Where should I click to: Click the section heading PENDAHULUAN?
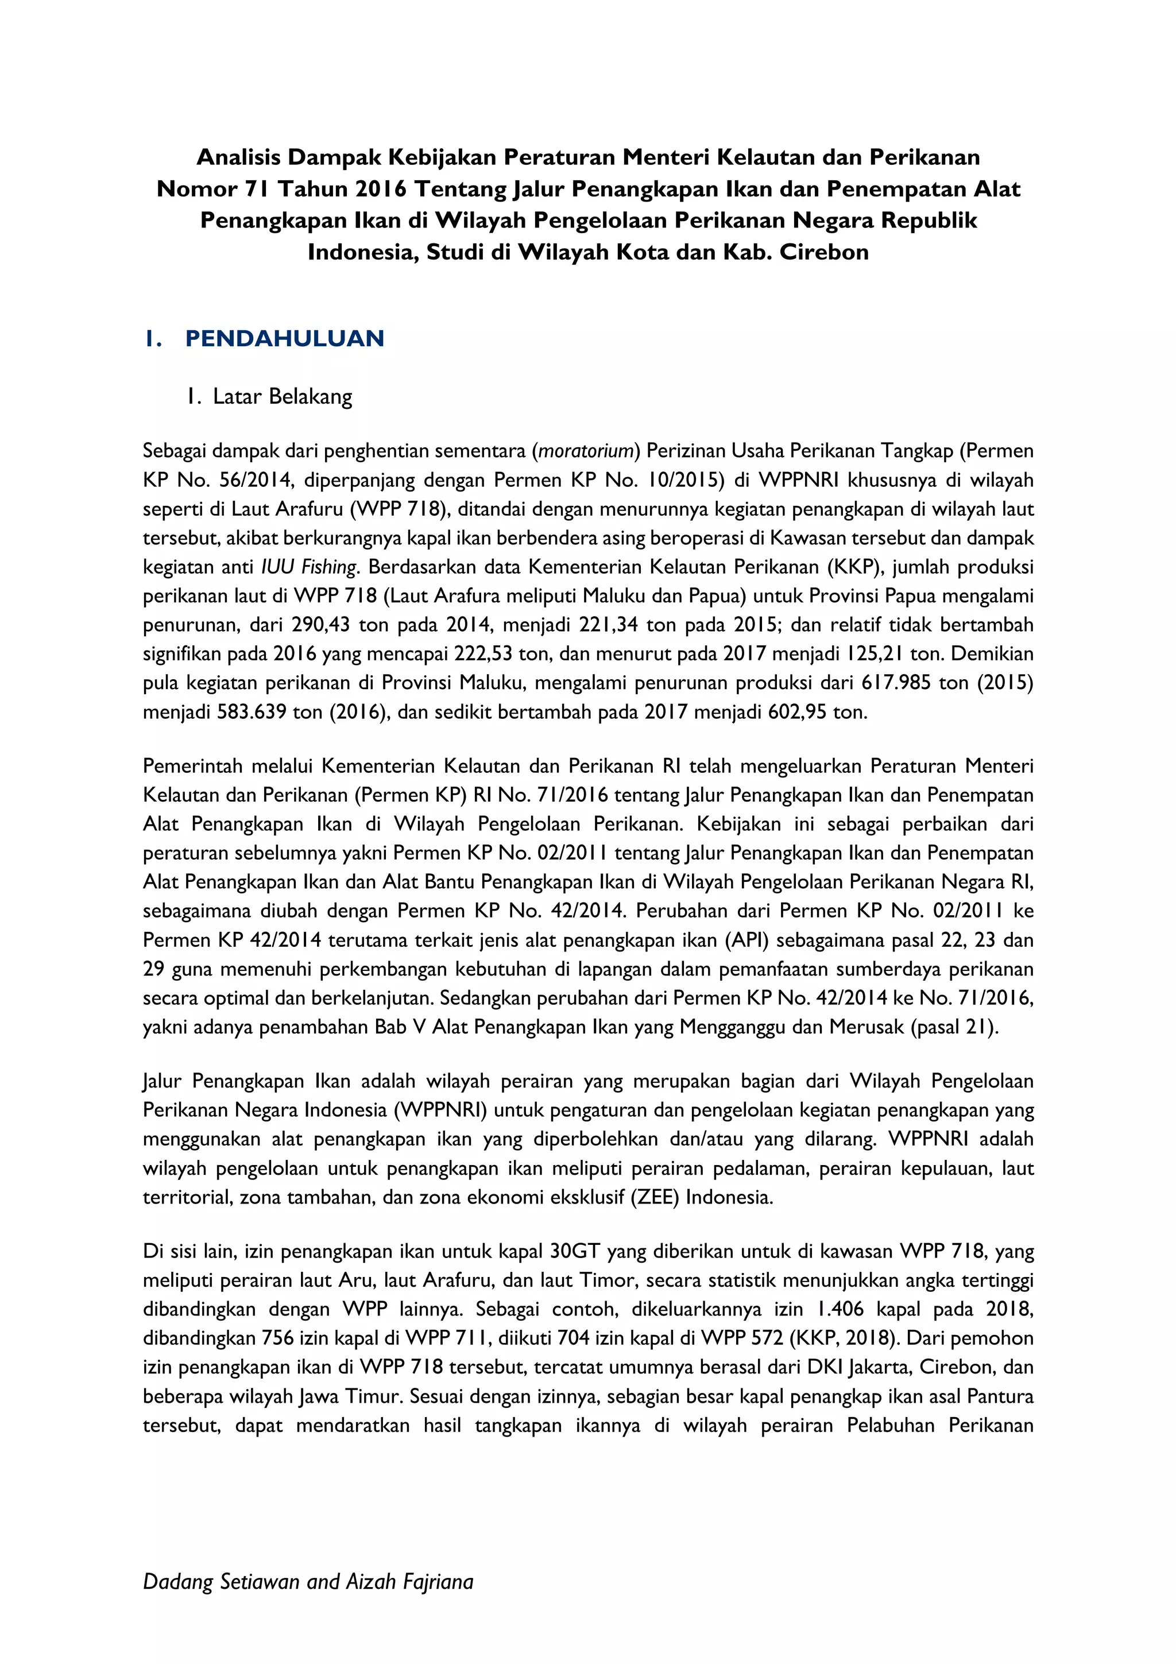[x=284, y=338]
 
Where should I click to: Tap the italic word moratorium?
[x=586, y=451]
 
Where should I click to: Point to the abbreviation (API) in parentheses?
[x=747, y=940]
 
